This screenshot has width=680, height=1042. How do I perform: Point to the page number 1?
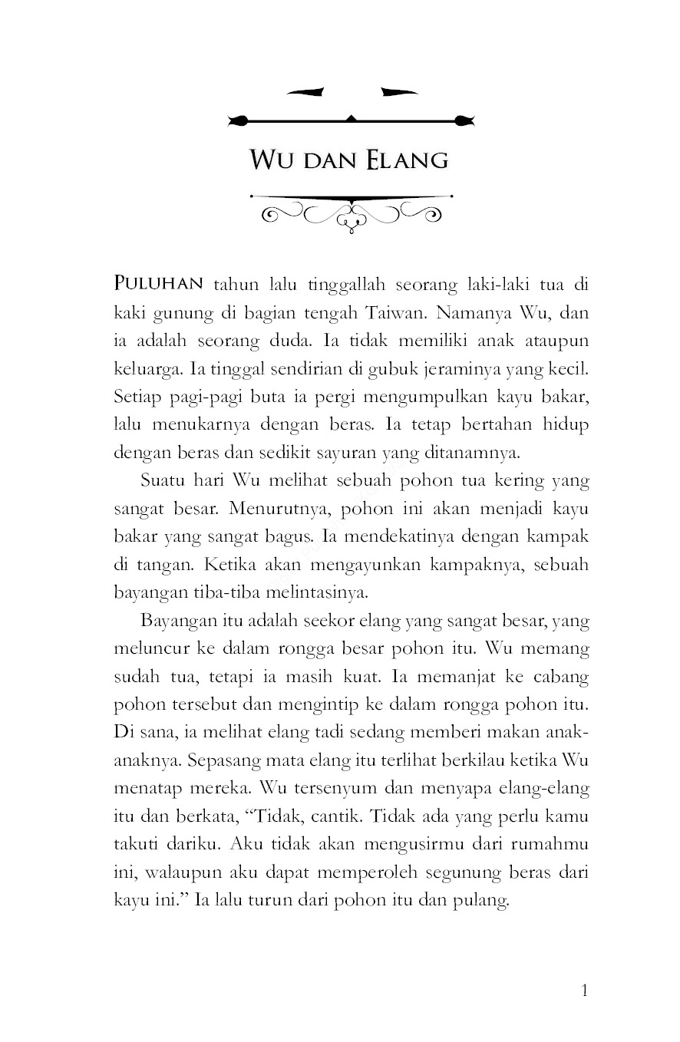[585, 991]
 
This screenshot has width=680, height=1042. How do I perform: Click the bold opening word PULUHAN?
[158, 284]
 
